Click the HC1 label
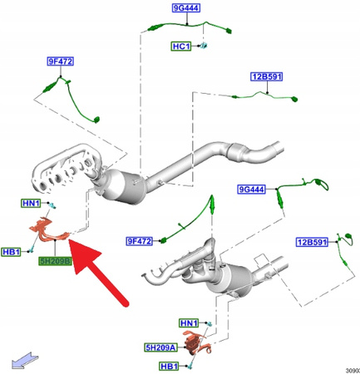181,47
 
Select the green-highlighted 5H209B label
55,261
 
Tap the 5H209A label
160,347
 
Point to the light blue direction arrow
24,361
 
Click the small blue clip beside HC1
204,45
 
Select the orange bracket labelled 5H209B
49,230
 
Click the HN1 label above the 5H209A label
189,323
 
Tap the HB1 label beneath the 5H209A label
169,367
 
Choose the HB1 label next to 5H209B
11,252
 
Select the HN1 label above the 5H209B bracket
31,204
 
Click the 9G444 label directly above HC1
186,8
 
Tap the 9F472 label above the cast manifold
61,62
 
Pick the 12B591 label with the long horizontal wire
267,76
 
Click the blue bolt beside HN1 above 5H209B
52,205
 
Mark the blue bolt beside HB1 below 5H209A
190,367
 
